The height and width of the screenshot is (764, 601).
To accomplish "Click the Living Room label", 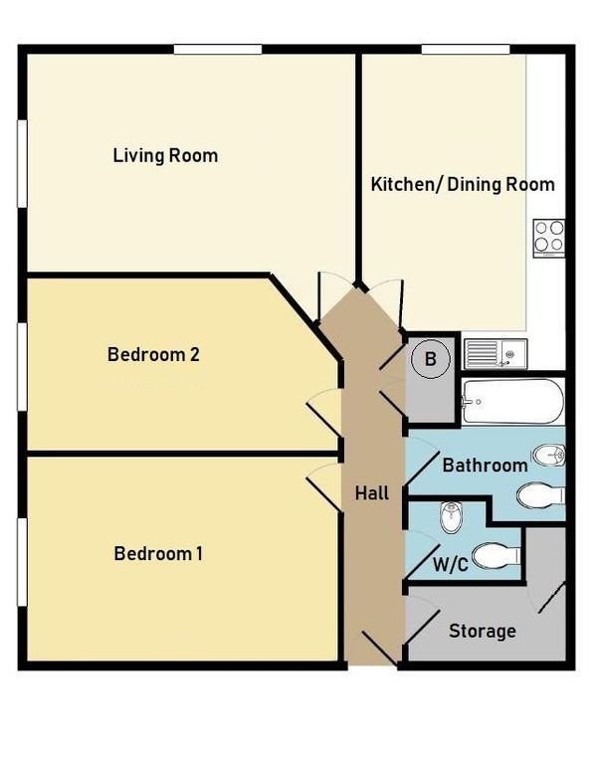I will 165,155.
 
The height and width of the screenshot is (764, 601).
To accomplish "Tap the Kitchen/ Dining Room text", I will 463,184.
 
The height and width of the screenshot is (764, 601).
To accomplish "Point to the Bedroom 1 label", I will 158,553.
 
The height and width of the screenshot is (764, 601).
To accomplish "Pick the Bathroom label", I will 484,466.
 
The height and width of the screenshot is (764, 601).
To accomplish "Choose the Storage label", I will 482,631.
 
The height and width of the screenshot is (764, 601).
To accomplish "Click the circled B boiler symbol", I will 431,360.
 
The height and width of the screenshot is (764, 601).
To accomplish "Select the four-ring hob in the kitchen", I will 548,237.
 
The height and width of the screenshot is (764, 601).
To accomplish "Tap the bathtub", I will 512,402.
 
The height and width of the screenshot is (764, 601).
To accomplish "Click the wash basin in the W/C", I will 450,517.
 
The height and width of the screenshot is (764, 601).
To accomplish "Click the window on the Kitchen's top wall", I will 466,49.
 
